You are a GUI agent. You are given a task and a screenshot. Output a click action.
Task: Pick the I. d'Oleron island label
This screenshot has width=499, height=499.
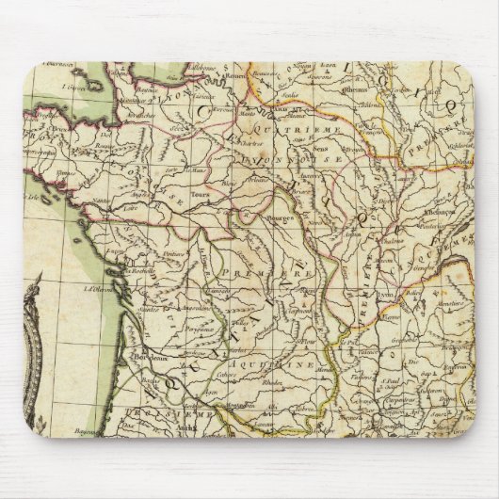(95, 288)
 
